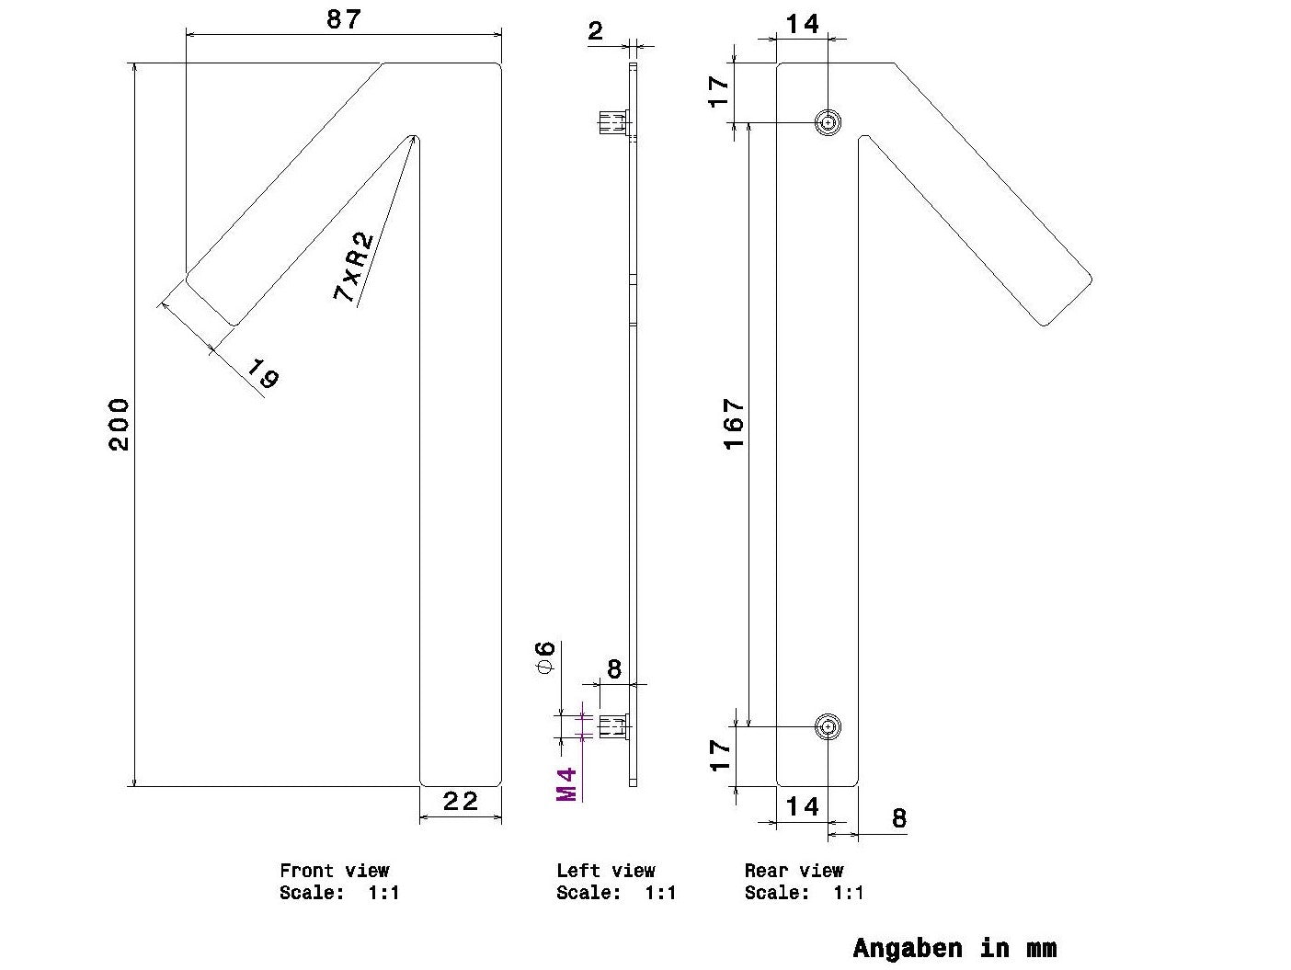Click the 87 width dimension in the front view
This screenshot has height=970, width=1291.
[x=344, y=19]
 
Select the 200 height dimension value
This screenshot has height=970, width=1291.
[x=119, y=425]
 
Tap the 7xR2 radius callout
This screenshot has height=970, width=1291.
[x=353, y=267]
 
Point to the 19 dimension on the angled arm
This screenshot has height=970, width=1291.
[x=263, y=374]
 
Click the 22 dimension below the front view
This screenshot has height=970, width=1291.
[x=461, y=801]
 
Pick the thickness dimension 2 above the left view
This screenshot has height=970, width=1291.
[x=595, y=30]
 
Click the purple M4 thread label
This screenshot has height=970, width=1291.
[x=566, y=784]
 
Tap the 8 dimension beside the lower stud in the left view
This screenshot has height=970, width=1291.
[x=613, y=669]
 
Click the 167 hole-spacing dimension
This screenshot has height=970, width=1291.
[x=734, y=424]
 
